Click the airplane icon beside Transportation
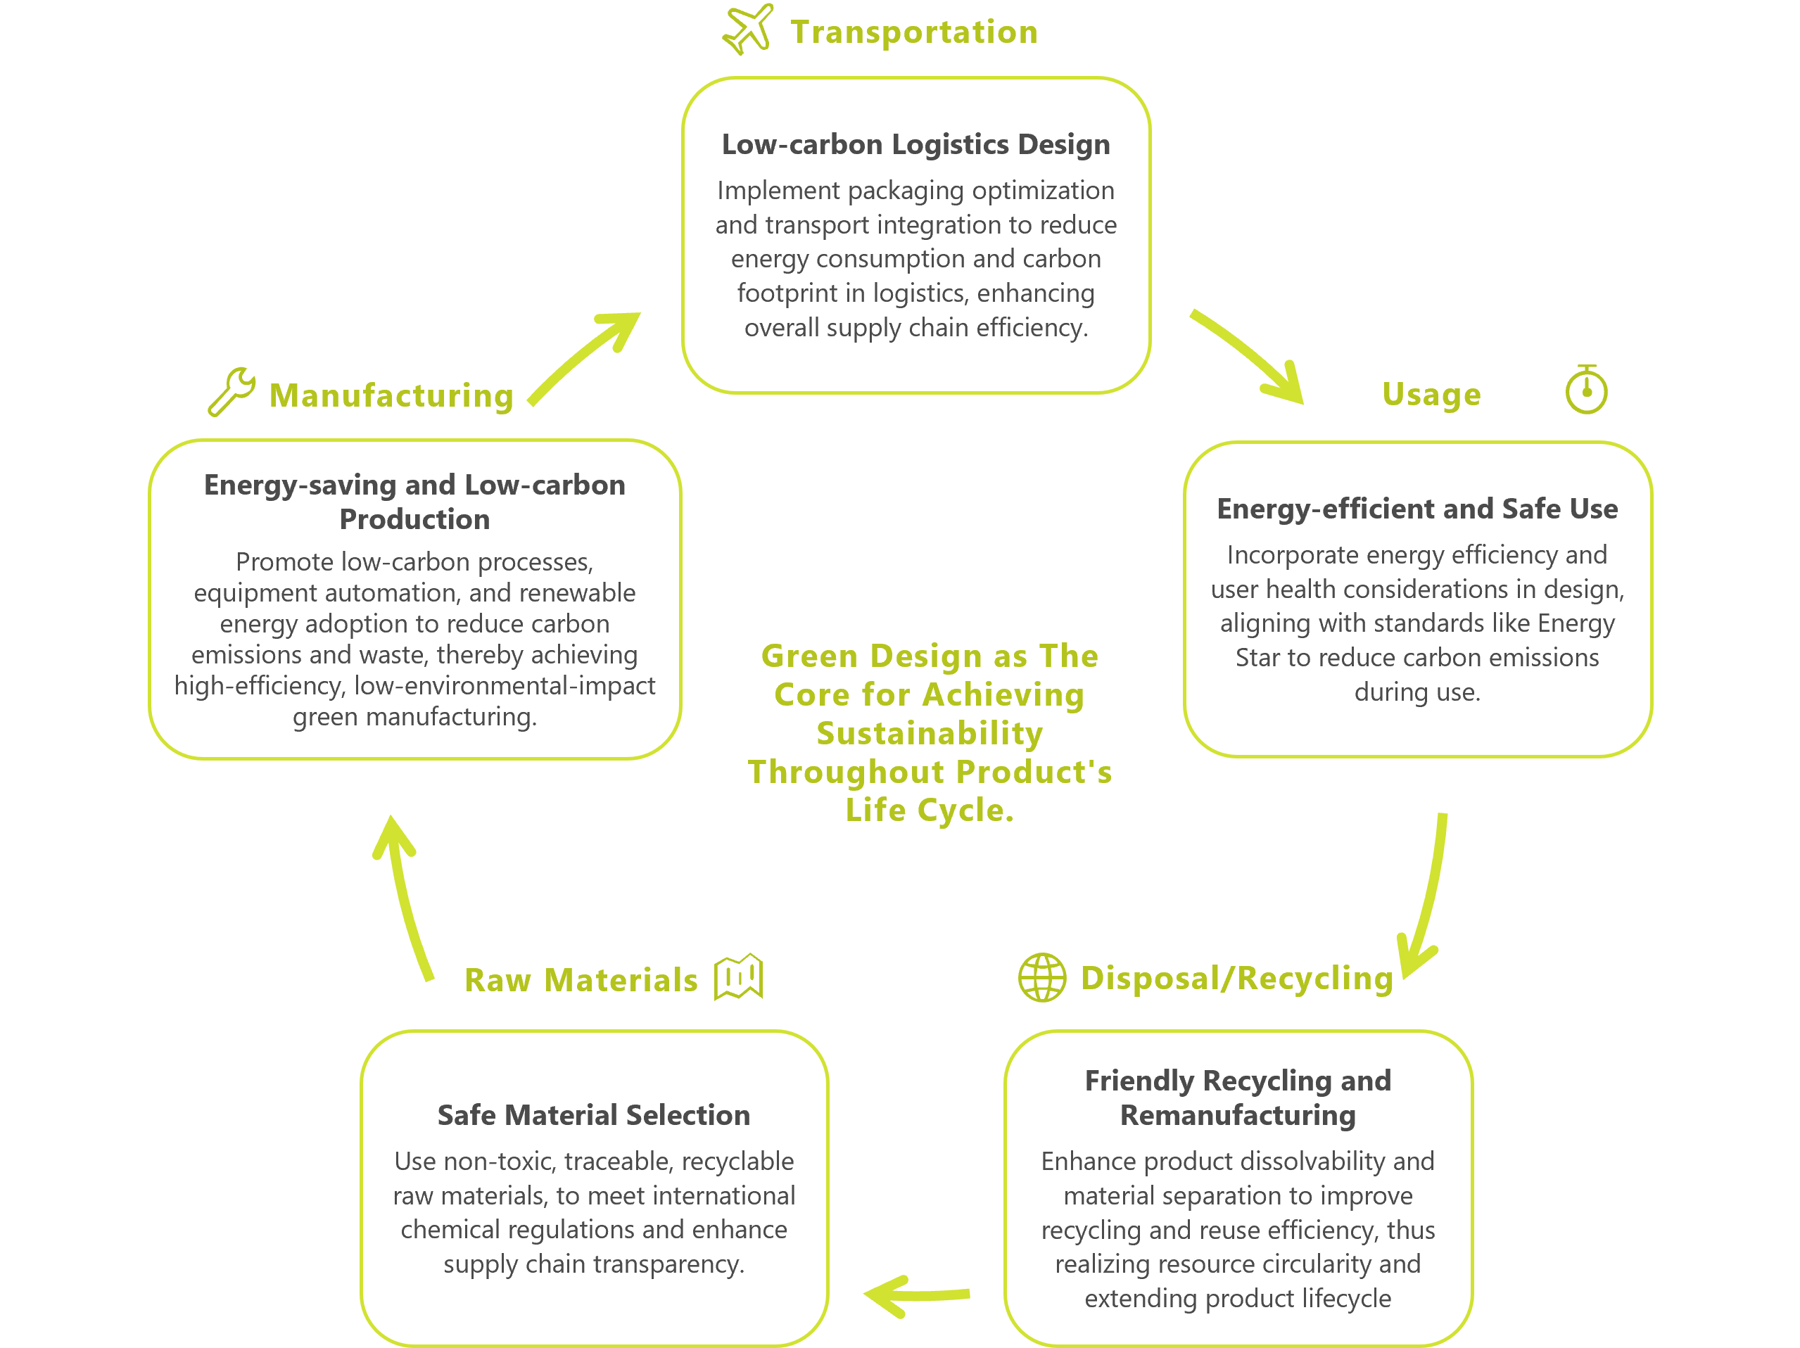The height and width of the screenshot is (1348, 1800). point(748,30)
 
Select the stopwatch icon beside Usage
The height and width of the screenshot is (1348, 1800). point(1586,390)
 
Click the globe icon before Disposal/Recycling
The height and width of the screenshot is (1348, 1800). point(1041,977)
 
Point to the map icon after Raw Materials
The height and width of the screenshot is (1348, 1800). point(738,977)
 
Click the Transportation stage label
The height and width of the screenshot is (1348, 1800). point(914,32)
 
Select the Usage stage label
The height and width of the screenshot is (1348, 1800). point(1431,394)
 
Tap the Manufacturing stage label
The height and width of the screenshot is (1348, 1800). point(391,395)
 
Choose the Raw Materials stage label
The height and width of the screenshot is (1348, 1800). point(581,979)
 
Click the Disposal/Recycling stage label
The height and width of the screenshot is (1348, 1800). point(1237,978)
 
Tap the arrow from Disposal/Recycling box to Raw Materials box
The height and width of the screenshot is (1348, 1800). point(916,1294)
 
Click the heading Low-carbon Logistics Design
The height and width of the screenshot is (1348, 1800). point(915,144)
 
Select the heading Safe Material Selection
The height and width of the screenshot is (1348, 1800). point(594,1114)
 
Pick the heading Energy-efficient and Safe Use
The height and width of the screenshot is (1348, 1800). point(1416,509)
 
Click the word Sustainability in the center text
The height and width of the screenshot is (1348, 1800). point(930,733)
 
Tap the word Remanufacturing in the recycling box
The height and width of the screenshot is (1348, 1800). point(1238,1114)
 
